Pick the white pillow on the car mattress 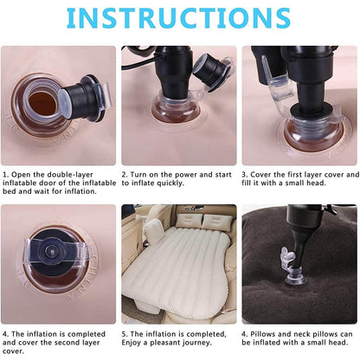point(155,232)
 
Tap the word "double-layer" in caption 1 point(59,174)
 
